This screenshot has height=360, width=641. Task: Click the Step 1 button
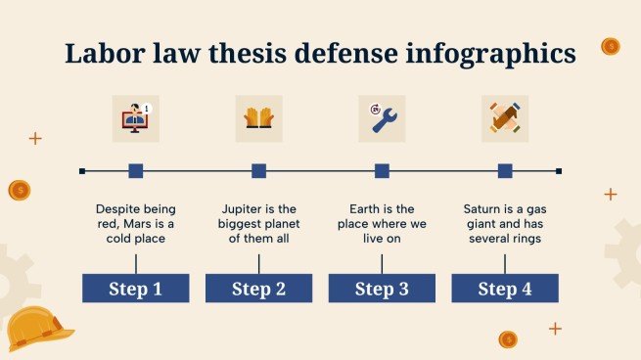(x=135, y=288)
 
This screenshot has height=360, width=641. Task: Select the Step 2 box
(x=258, y=288)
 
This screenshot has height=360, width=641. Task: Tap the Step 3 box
(x=382, y=288)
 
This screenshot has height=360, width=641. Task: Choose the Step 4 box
(x=505, y=288)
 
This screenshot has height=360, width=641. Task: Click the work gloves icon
(x=258, y=118)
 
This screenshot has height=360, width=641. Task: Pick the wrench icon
(x=382, y=118)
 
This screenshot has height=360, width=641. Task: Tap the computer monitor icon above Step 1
(x=135, y=118)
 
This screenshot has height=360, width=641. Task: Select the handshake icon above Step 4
(x=505, y=118)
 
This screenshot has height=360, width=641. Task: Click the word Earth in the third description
(x=367, y=208)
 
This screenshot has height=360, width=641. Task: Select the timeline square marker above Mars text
(x=135, y=171)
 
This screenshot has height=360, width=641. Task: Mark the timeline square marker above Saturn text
(x=505, y=171)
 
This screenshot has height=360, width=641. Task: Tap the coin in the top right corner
(x=611, y=46)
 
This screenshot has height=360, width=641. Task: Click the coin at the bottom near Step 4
(x=507, y=339)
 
